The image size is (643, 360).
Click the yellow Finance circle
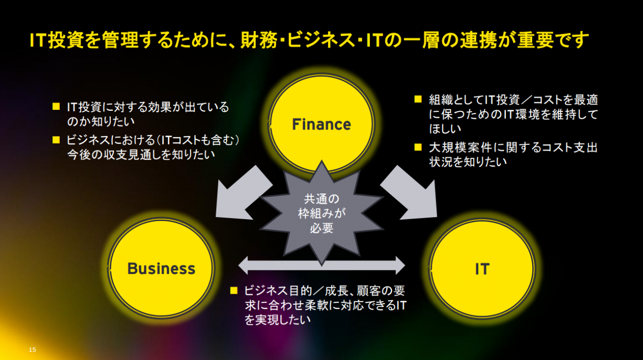(321, 124)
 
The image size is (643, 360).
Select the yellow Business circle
(161, 268)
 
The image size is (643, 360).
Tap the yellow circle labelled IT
(482, 268)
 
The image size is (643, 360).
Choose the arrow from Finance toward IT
(411, 193)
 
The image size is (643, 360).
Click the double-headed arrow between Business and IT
(321, 265)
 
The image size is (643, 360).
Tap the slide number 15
(33, 350)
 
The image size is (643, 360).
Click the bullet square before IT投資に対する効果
(56, 106)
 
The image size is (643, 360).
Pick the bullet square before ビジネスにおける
(56, 140)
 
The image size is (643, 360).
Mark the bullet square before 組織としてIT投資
(418, 99)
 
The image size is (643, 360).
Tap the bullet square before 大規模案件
(418, 147)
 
